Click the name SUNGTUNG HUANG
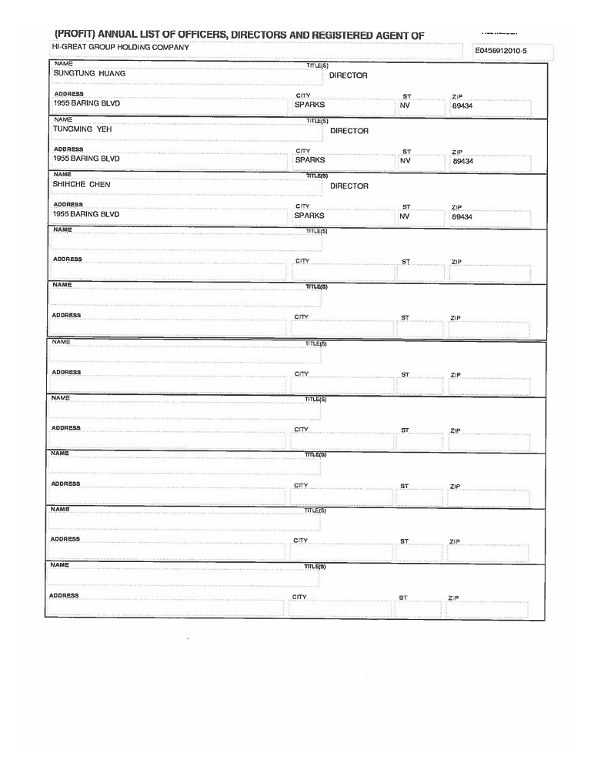88,74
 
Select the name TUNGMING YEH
82,129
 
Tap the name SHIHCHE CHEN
82,185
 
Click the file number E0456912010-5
501,52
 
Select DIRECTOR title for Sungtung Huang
349,75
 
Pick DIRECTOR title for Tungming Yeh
349,131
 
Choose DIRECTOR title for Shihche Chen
349,186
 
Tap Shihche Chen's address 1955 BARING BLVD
86,214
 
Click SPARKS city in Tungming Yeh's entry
310,160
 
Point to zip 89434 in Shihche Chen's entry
462,217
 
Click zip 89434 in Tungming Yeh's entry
462,162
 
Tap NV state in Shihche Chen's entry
405,216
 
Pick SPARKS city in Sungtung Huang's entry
310,104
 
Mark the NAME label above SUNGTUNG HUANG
63,63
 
